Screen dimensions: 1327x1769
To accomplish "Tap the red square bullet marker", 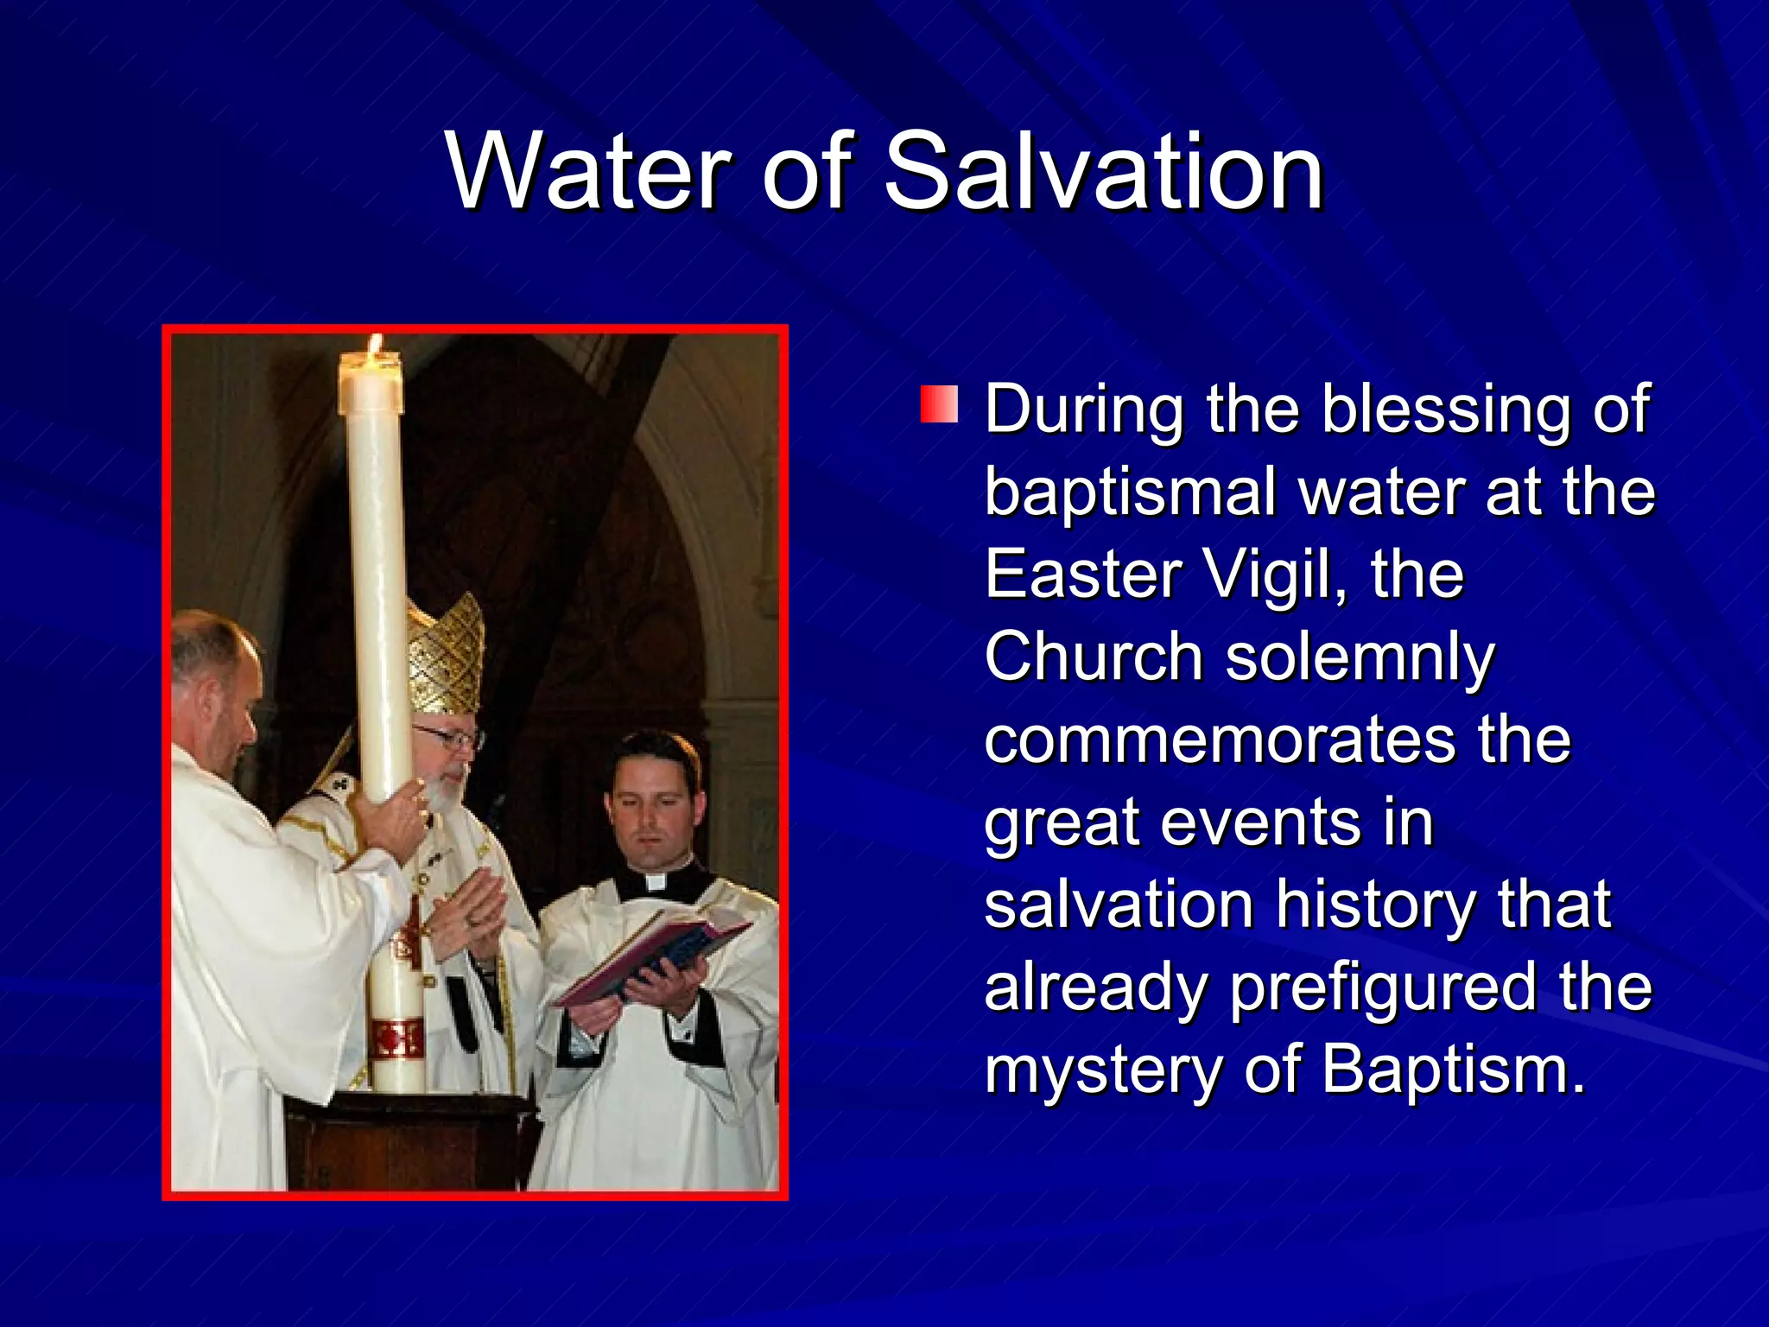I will click(939, 404).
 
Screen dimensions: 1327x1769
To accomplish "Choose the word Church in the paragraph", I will click(1094, 657).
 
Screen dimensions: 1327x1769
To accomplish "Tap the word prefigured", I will click(1382, 988).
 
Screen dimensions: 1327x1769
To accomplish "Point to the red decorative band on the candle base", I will click(396, 1039).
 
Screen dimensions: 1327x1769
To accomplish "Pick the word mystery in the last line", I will click(1102, 1071).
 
